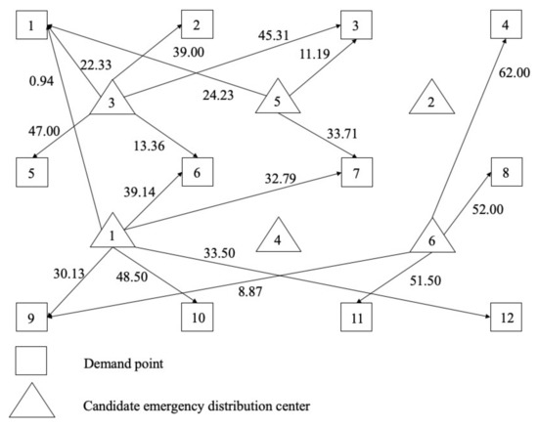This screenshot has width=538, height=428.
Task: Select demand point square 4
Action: click(505, 21)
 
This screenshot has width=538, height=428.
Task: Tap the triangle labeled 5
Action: click(277, 100)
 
